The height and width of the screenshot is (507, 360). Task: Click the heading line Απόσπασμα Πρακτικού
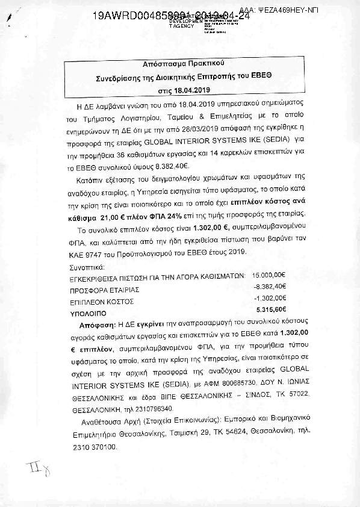179,63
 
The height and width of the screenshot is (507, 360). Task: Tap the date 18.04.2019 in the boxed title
190,90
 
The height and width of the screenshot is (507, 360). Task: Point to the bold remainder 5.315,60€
271,309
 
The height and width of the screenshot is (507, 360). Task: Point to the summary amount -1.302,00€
270,299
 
